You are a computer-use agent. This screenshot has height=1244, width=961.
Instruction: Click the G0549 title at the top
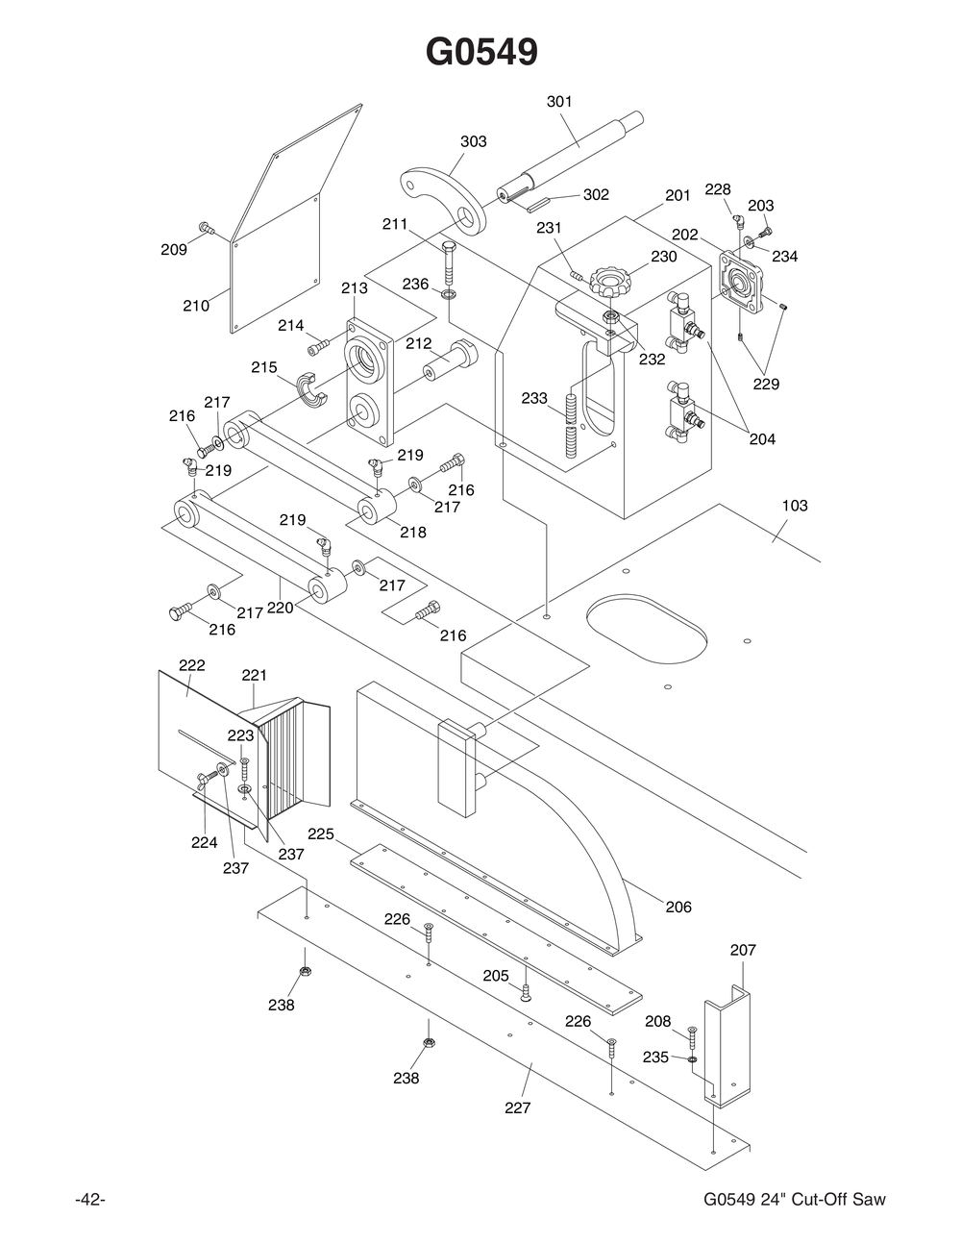click(x=481, y=52)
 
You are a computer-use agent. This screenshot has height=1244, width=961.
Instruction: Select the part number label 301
click(x=559, y=101)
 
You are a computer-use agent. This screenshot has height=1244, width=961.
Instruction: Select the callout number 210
click(x=196, y=306)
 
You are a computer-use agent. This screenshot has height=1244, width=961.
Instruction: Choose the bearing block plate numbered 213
click(x=370, y=380)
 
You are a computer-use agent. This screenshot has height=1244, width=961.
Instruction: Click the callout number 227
click(x=518, y=1107)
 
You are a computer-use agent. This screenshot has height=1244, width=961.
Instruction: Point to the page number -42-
click(x=89, y=1199)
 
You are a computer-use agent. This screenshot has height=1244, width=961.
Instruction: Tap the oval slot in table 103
click(x=647, y=629)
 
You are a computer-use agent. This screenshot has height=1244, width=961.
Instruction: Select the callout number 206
click(x=678, y=907)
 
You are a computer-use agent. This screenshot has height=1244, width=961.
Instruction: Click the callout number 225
click(x=321, y=833)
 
